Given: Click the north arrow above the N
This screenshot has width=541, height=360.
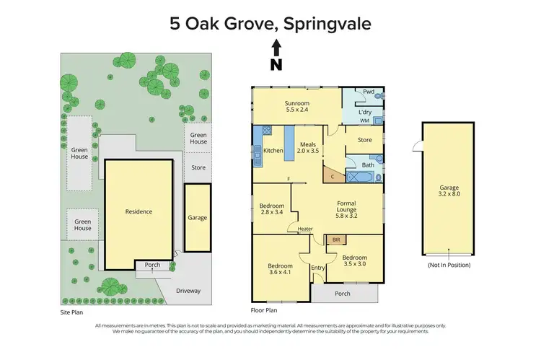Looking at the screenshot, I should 275,48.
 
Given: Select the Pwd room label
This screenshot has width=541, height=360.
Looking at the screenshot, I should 369,92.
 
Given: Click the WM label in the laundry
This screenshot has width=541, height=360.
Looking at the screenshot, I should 366,120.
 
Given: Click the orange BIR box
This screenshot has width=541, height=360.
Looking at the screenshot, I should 335,240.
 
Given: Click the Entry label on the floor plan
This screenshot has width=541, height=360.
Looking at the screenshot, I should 318,268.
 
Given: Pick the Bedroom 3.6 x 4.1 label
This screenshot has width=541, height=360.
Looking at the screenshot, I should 281,268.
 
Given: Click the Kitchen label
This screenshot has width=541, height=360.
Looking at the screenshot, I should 273,150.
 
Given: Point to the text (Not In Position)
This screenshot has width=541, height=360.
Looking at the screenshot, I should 448,265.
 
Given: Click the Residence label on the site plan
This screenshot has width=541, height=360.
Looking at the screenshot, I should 139,211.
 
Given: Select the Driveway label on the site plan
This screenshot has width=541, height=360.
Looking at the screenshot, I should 188,291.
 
